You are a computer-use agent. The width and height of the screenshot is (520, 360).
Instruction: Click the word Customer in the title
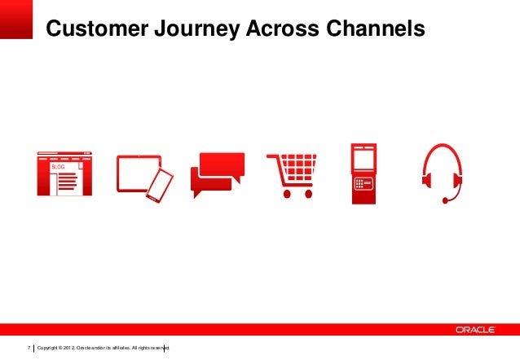click(97, 29)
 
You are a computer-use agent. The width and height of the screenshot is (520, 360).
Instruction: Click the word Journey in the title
click(197, 29)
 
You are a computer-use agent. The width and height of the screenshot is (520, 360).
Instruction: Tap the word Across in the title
click(283, 29)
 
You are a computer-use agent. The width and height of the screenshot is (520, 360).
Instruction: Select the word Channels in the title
click(376, 29)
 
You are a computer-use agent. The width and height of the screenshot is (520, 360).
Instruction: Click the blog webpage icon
click(64, 173)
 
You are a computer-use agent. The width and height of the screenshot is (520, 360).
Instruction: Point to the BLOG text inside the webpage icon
click(58, 167)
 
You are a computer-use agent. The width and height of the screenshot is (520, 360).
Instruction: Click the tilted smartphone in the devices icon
click(160, 186)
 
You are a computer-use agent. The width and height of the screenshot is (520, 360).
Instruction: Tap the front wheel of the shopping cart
click(308, 194)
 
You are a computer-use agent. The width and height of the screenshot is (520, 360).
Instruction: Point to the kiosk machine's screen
click(364, 160)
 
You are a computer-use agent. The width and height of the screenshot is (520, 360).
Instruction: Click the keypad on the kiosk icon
click(364, 184)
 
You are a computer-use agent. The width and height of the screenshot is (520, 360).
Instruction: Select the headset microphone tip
click(445, 200)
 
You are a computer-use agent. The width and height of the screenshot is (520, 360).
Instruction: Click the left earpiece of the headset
click(427, 180)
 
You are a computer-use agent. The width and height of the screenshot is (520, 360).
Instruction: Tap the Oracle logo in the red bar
click(475, 330)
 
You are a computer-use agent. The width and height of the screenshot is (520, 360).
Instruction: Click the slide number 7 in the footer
click(29, 348)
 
